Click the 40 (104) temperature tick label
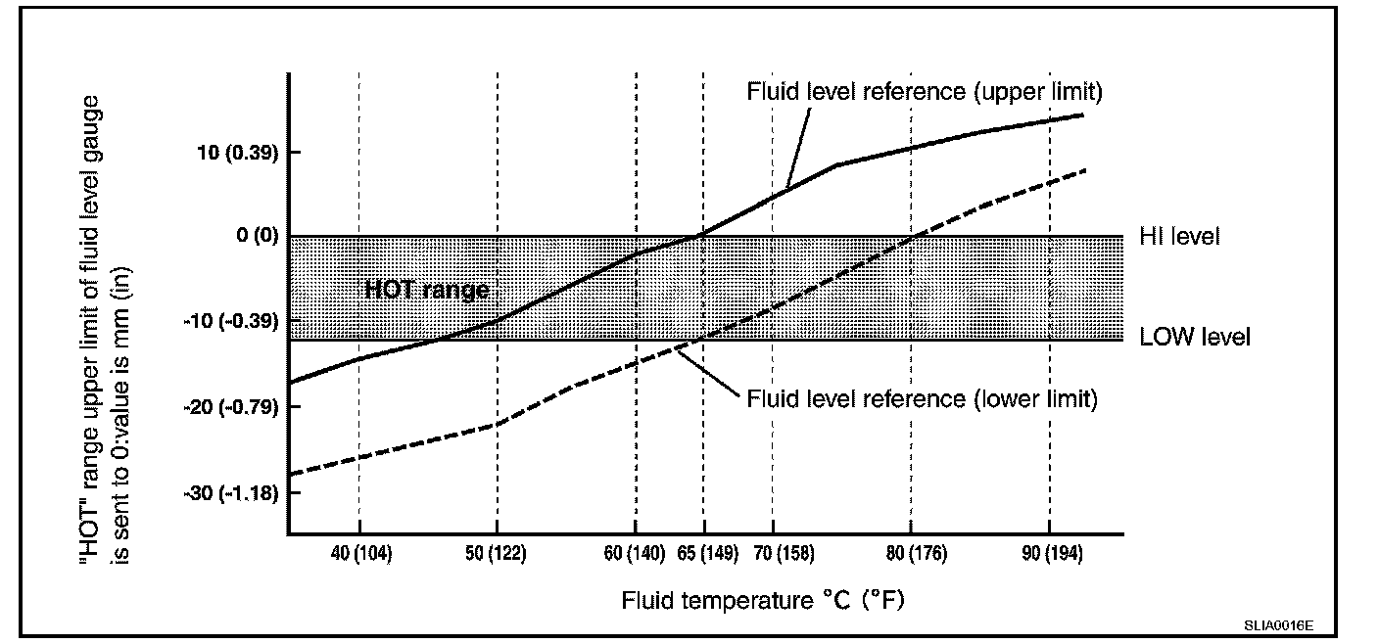tap(361, 554)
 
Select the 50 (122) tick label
tap(497, 554)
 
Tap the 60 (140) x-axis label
tap(635, 554)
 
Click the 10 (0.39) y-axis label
tap(231, 153)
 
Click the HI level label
tap(1179, 237)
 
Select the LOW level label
tap(1195, 338)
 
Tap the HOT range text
tap(426, 290)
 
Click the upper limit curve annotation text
tap(925, 92)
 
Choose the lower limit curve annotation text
tap(923, 399)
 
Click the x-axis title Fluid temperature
tap(763, 600)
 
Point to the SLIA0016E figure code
tap(1279, 623)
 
